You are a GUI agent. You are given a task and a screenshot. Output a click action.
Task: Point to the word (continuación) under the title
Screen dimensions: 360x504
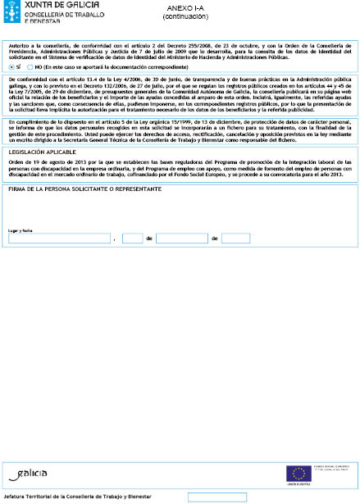point(180,16)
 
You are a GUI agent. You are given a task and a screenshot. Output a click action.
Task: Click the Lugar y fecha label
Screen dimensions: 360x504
point(21,230)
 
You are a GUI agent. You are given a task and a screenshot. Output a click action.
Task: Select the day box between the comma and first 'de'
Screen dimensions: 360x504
point(132,238)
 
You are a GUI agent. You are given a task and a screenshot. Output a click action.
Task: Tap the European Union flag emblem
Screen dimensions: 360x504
point(297,472)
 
